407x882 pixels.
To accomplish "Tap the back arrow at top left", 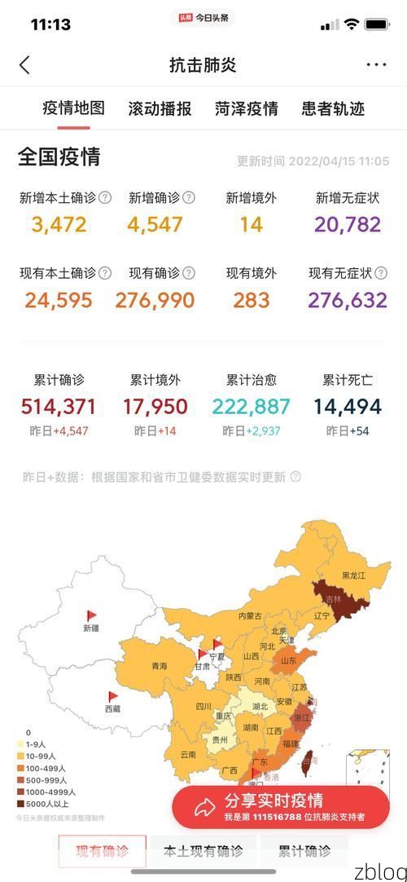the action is click(24, 65).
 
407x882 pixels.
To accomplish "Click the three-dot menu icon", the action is click(376, 65).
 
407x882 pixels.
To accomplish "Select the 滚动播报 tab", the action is click(160, 108).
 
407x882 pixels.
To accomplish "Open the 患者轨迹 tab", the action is click(333, 108).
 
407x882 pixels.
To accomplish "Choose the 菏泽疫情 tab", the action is click(247, 108).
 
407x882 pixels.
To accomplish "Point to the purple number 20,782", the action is click(348, 224).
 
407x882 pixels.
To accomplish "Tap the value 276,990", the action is click(155, 300).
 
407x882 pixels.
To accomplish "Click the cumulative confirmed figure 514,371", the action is click(59, 406).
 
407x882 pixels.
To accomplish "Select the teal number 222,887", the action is click(251, 406).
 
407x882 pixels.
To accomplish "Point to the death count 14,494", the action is click(348, 406).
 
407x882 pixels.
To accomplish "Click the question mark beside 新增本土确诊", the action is click(105, 197).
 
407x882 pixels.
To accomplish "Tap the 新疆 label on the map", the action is click(90, 628).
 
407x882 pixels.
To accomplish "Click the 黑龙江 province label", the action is click(354, 575).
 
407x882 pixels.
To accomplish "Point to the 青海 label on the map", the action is click(160, 666).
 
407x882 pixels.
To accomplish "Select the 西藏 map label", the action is click(112, 709).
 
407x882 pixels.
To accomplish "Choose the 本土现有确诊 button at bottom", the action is click(203, 852).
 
